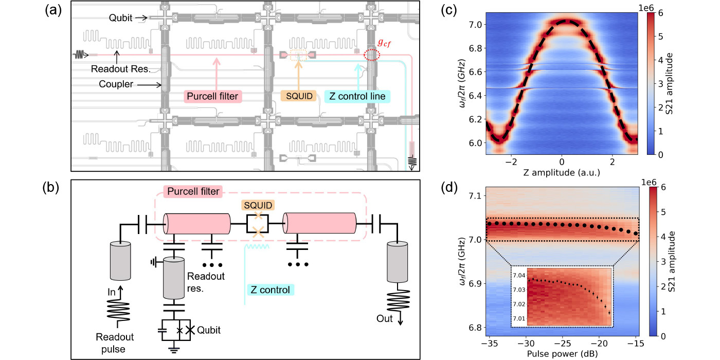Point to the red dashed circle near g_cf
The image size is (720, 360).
[372, 55]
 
